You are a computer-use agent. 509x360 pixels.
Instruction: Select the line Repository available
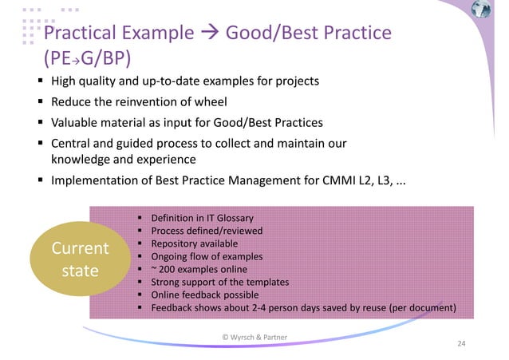click(195, 243)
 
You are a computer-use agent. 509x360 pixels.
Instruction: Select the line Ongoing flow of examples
click(206, 256)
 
